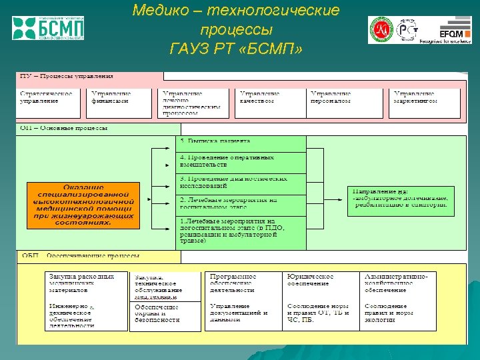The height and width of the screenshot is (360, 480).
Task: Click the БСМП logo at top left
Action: click(x=48, y=28)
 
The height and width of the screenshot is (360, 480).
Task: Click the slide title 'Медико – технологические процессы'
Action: click(x=236, y=21)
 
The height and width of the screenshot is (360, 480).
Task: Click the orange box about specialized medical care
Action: click(x=83, y=205)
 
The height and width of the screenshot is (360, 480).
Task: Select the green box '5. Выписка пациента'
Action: click(x=241, y=143)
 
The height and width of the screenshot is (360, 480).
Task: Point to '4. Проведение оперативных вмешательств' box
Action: click(x=241, y=161)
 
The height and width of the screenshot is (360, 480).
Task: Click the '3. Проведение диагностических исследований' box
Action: click(x=241, y=183)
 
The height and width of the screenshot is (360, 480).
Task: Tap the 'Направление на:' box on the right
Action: click(x=401, y=201)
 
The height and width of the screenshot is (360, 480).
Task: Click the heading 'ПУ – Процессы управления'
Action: click(x=67, y=76)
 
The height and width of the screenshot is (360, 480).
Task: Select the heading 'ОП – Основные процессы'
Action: click(x=65, y=128)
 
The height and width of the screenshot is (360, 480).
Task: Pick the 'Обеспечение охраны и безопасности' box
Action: click(x=165, y=316)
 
